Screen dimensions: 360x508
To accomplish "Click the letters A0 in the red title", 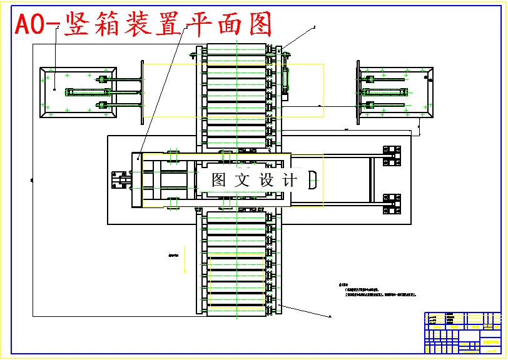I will [34, 25].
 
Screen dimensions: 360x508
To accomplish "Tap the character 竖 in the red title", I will [78, 25].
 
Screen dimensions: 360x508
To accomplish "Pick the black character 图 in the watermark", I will [219, 181].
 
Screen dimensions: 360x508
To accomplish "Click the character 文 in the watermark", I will [242, 181].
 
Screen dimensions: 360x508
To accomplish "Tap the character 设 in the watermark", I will [267, 181].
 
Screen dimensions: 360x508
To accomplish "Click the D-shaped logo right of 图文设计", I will [313, 181].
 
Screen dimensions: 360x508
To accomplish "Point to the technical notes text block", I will [375, 290].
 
